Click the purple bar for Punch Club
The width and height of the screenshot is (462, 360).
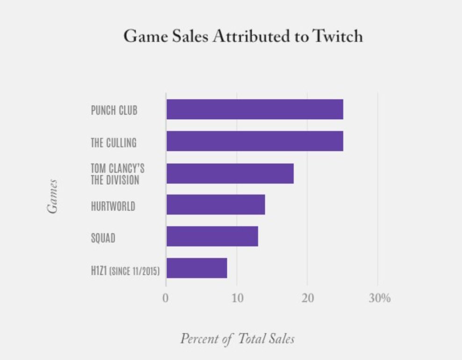point(255,109)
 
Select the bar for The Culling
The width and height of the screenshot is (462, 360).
point(255,141)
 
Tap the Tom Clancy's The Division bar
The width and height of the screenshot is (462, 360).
point(230,173)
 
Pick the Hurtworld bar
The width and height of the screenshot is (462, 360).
point(216,204)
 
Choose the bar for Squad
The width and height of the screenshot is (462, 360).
point(212,236)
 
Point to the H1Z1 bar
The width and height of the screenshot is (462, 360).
point(197,268)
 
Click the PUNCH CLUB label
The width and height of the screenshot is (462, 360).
point(114,111)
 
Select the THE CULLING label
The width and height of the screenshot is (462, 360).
point(114,143)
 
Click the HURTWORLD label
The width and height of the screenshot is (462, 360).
point(113,206)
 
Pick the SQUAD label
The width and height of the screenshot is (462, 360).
point(103,238)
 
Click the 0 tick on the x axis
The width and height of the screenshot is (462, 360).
point(166,298)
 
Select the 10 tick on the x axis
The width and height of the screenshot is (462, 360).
point(237,298)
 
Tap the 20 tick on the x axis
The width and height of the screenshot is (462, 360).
point(308,298)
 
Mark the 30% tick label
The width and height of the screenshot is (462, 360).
point(379,298)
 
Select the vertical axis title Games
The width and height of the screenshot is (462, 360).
point(52,196)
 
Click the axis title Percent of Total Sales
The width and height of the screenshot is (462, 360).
point(238,338)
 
